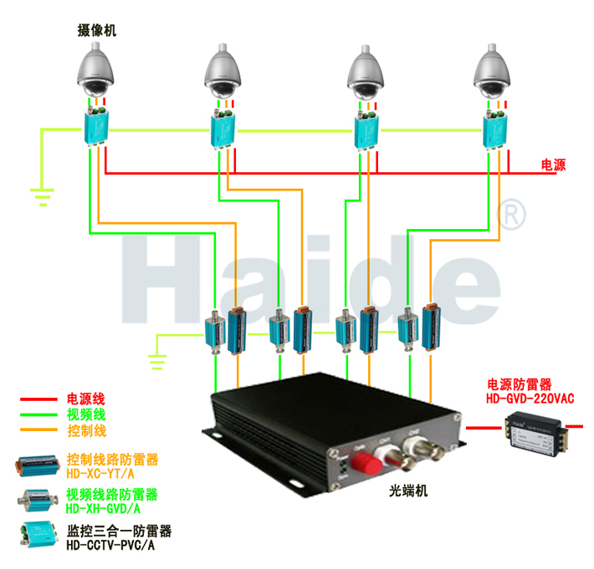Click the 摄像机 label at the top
(93, 31)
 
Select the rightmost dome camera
(494, 74)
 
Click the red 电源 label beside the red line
(553, 165)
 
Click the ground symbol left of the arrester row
(156, 361)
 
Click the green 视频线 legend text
(86, 414)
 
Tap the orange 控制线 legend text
(86, 431)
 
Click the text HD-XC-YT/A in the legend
(100, 474)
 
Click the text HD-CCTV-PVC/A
(109, 546)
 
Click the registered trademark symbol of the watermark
(512, 215)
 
